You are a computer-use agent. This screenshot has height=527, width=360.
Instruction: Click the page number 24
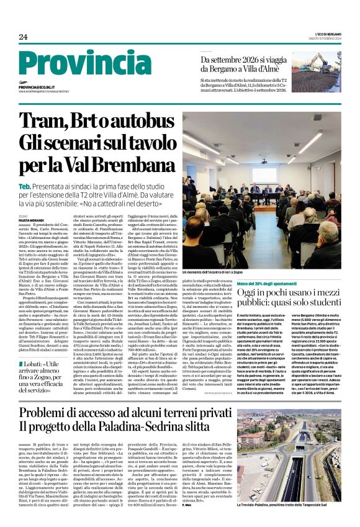23,37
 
